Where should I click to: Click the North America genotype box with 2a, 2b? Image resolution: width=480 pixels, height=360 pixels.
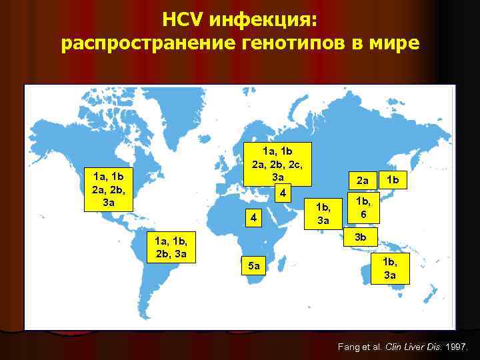[x=109, y=189]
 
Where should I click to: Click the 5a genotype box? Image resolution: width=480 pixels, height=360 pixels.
[x=253, y=266]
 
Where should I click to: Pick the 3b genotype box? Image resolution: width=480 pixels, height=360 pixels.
[x=360, y=236]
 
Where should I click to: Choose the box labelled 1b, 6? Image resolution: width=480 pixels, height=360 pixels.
[x=363, y=207]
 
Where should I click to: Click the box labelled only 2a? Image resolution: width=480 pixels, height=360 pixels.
[x=362, y=180]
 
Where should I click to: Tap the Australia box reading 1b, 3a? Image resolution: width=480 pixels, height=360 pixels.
[x=389, y=268]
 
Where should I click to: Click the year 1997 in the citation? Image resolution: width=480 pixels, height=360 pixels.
[x=457, y=347]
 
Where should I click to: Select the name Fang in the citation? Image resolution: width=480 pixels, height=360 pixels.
[x=349, y=347]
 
